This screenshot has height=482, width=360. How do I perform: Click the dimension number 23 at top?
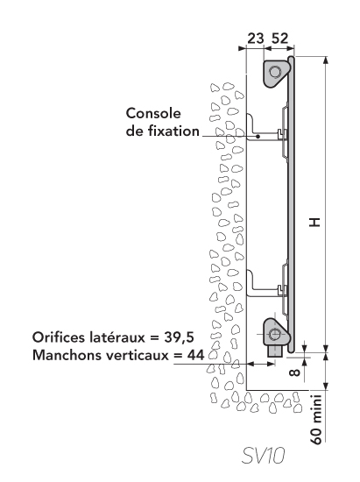[256, 39]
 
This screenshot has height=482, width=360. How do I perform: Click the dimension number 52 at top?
[280, 39]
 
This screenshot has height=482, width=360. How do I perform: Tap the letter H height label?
[314, 222]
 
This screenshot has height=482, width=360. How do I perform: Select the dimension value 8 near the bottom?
[294, 372]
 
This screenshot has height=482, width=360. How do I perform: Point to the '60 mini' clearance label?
[316, 419]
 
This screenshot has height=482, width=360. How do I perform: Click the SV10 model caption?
[264, 455]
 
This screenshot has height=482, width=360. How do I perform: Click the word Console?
[153, 113]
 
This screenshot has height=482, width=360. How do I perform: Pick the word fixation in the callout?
[173, 131]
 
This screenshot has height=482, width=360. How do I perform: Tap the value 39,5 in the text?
[179, 337]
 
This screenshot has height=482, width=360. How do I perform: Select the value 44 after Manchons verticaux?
[195, 355]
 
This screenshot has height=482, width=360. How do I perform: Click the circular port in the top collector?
[275, 73]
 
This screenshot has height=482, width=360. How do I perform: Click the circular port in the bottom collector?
[273, 334]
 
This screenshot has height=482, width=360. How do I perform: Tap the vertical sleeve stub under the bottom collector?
[275, 351]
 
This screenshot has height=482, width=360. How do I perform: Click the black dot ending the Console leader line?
[258, 137]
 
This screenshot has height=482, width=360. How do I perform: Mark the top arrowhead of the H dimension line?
[326, 60]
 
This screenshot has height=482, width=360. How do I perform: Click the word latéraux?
[116, 337]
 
